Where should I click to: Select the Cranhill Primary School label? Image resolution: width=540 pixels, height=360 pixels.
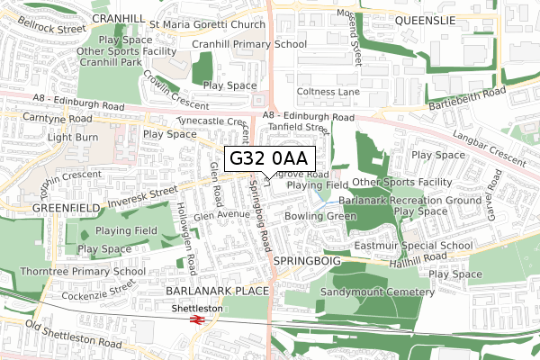(x=255, y=43)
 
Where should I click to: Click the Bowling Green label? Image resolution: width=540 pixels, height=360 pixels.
(x=314, y=217)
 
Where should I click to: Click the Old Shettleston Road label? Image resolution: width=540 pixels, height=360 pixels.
(x=74, y=335)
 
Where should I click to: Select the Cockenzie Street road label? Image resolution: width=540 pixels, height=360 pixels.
(x=98, y=292)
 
